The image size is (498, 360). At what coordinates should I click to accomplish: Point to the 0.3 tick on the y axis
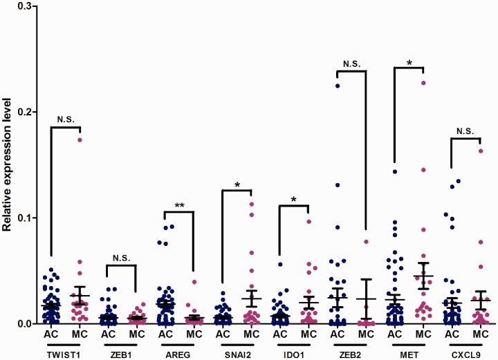(x=26, y=6)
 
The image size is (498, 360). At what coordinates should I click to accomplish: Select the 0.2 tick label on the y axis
(x=26, y=111)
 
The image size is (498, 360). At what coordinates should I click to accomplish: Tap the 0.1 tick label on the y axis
(x=26, y=218)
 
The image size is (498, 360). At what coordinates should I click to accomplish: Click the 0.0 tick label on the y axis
(x=26, y=323)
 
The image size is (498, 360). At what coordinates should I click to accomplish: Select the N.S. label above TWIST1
(x=66, y=119)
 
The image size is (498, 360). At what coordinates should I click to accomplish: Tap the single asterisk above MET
(x=409, y=63)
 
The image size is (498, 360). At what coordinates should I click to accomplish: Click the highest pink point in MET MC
(x=423, y=83)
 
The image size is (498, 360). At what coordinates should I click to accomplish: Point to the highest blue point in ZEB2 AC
(x=338, y=86)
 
